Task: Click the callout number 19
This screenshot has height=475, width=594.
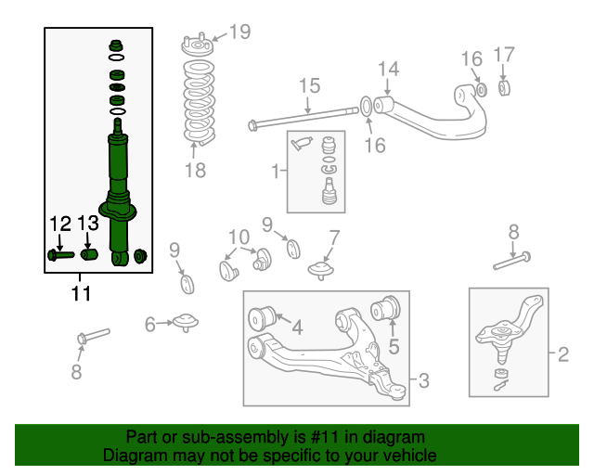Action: (x=239, y=33)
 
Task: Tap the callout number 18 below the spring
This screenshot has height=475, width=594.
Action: (x=194, y=171)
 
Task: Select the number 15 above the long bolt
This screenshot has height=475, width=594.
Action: (x=308, y=87)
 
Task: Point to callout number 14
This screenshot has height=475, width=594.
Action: (x=388, y=69)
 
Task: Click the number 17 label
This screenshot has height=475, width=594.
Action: (x=503, y=56)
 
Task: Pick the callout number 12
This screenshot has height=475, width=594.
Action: (x=59, y=224)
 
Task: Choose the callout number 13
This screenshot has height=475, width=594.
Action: (x=88, y=224)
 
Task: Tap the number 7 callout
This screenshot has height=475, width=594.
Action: (x=333, y=237)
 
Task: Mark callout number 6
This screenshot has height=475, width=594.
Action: (x=150, y=324)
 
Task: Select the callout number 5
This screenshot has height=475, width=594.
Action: (x=393, y=348)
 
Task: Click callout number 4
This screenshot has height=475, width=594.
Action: (x=296, y=327)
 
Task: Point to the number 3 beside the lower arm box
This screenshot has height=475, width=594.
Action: (x=423, y=379)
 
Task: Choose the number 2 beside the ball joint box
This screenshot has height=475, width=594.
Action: (x=562, y=353)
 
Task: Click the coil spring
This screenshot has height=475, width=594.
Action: (x=196, y=102)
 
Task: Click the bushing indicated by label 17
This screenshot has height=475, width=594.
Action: (x=506, y=89)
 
